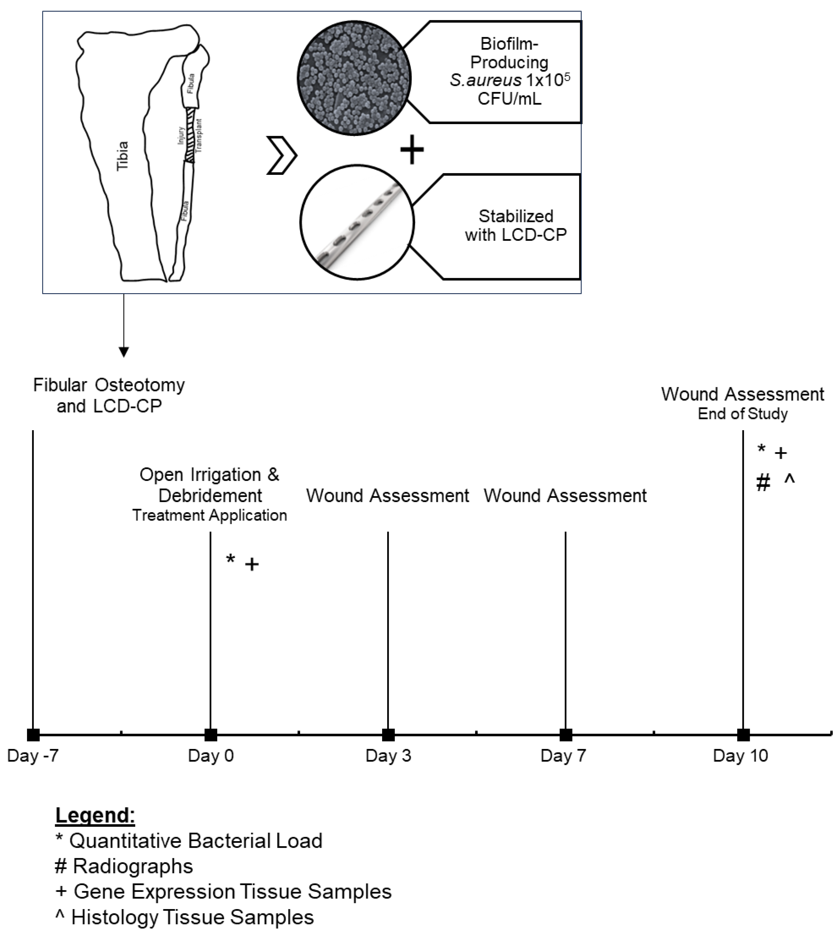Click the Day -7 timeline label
point(33,756)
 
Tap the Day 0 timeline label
point(211,756)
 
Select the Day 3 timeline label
point(388,756)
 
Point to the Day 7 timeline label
point(563,756)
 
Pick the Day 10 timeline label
point(740,756)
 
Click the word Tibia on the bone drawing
point(123,156)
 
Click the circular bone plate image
point(357,222)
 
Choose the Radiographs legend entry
point(123,866)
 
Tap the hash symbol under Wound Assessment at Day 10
point(763,483)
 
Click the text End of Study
point(742,414)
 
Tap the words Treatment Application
point(210,515)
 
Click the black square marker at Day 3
point(388,735)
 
